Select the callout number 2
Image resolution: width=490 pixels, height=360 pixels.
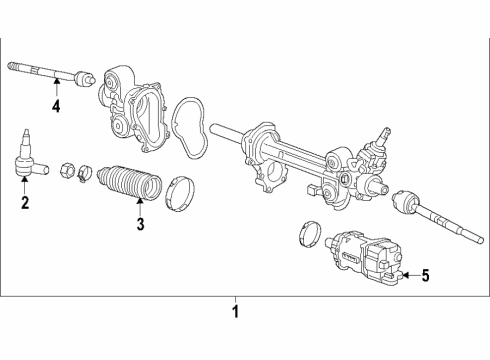(25, 205)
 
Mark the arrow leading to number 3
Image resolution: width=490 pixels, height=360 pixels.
(140, 205)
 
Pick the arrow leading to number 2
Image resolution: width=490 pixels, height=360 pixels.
(25, 189)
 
